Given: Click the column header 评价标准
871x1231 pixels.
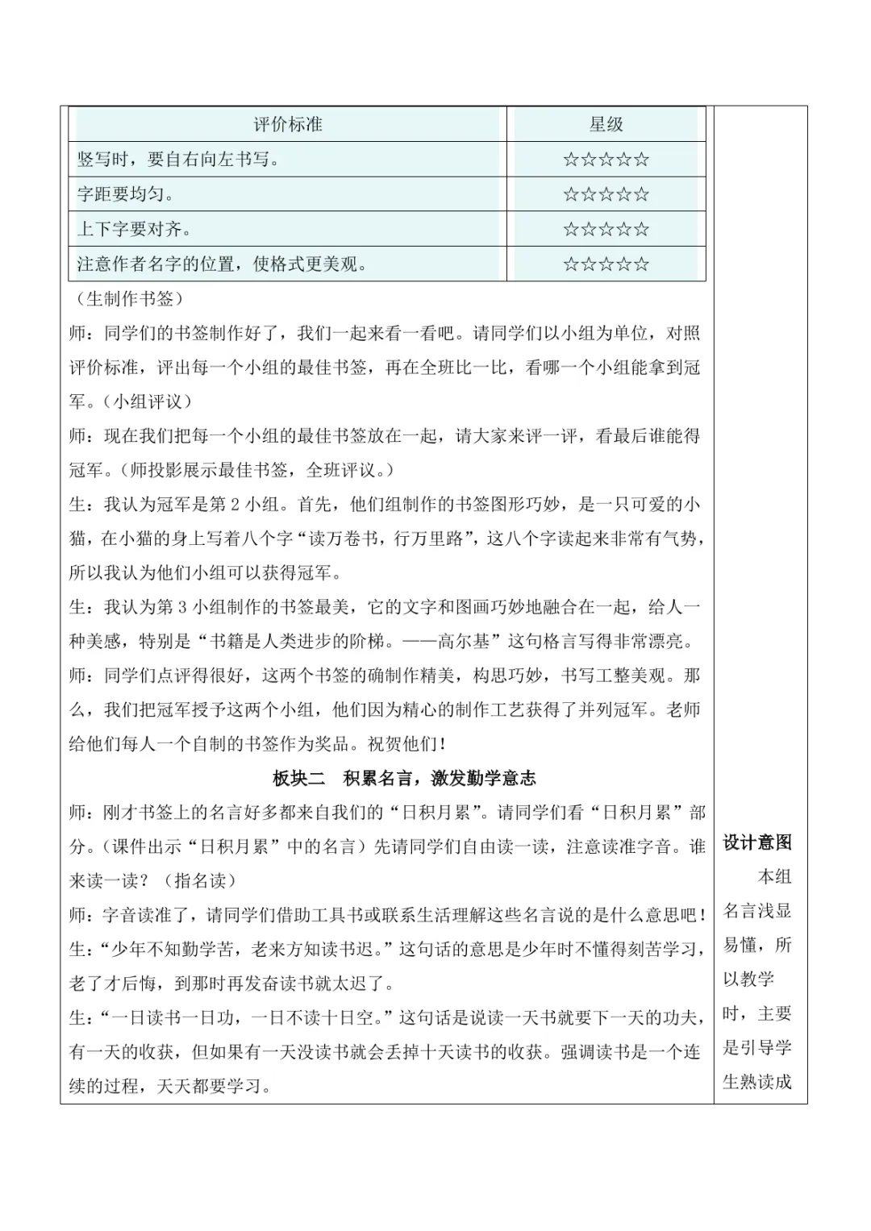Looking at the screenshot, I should [x=288, y=124].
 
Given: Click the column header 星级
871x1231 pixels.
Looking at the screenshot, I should [x=606, y=124].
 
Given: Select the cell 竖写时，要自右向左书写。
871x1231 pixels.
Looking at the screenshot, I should [x=178, y=160].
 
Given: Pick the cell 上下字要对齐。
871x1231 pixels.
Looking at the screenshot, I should [x=134, y=229].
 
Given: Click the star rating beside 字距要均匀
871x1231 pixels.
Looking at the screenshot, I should [x=606, y=194].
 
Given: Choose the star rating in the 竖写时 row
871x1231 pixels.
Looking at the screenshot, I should [x=606, y=160].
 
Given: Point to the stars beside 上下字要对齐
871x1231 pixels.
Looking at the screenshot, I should [x=606, y=229].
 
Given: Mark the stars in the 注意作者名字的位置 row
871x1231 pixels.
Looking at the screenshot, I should [x=606, y=264].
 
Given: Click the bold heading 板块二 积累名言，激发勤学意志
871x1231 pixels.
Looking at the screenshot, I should [x=404, y=778].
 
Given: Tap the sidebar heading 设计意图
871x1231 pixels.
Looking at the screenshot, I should [x=757, y=842].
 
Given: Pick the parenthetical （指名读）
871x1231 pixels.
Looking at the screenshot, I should [x=200, y=880].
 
